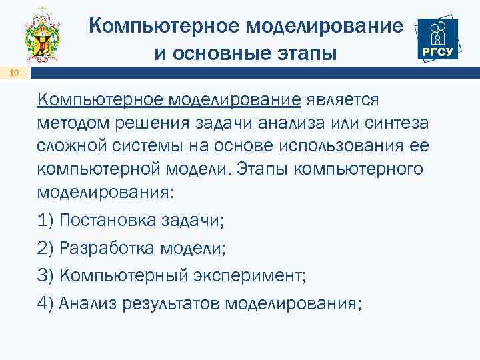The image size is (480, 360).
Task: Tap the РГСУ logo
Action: tap(437, 39)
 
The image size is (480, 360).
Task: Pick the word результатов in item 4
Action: tap(173, 303)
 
